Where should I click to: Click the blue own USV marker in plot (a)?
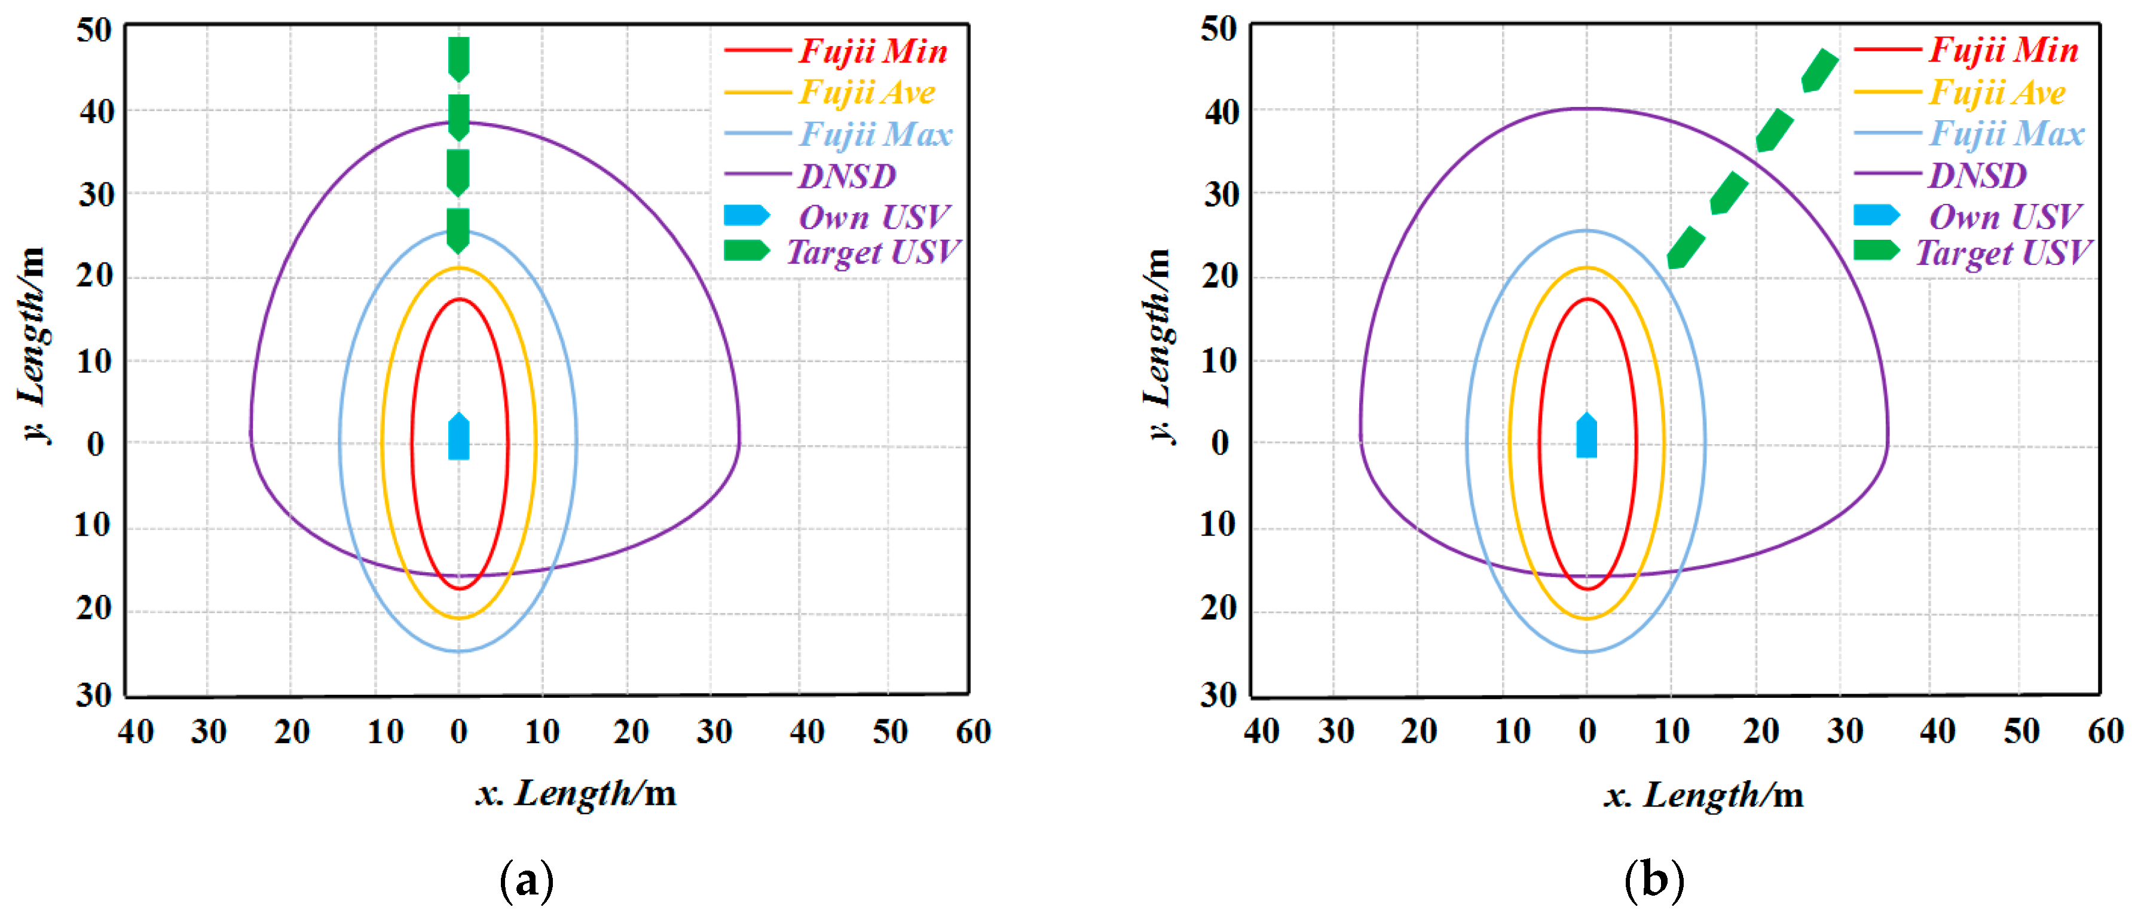458,436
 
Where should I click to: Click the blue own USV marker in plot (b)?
1586,435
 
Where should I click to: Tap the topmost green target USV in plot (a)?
458,59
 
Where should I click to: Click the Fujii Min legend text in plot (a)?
872,51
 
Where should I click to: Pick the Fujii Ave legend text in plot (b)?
1997,92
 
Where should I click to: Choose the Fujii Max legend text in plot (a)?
876,134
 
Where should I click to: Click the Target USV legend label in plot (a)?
872,252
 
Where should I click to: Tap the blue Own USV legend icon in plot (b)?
1876,215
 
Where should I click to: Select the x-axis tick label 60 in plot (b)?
2104,731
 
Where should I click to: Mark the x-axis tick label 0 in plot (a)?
458,732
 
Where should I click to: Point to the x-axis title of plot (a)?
575,793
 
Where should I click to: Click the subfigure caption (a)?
527,881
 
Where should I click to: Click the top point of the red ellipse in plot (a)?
458,300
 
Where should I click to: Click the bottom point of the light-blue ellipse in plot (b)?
1586,652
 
